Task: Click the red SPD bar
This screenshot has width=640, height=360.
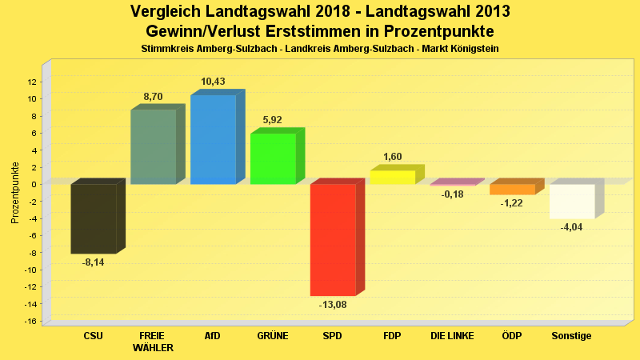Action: pos(333,239)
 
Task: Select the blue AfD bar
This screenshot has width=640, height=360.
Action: pos(213,140)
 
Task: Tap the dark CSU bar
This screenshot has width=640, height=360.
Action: pos(94,218)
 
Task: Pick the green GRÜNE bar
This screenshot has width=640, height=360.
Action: pos(273,158)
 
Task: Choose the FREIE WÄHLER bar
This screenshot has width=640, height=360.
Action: pos(153,147)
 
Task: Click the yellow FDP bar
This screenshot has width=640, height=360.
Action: pos(392,177)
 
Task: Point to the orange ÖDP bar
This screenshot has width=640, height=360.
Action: pos(512,190)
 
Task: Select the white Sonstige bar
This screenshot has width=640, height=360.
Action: pos(572,201)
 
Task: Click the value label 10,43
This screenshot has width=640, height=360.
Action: pos(213,82)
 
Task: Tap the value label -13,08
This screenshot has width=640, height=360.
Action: pos(333,305)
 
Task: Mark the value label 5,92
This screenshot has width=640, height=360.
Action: pos(273,120)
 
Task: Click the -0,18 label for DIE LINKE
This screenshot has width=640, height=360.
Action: pos(452,194)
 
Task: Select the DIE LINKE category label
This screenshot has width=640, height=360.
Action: pos(452,336)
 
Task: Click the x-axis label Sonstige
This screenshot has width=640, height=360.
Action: pos(572,336)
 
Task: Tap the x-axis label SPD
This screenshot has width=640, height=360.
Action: pos(332,336)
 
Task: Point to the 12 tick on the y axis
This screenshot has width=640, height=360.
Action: pos(32,82)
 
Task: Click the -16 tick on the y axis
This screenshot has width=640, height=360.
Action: pos(31,322)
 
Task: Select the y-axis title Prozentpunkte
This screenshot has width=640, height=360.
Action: pos(15,193)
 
